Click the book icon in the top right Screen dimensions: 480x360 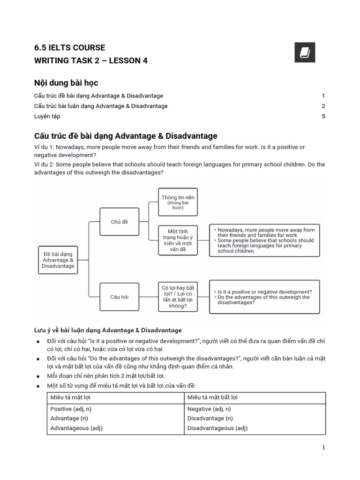pyautogui.click(x=305, y=52)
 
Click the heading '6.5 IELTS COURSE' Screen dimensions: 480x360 pyautogui.click(x=69, y=48)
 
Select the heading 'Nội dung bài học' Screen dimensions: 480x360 pyautogui.click(x=66, y=83)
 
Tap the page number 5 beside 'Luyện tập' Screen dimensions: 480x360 pyautogui.click(x=323, y=116)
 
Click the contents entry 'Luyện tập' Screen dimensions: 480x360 pyautogui.click(x=47, y=116)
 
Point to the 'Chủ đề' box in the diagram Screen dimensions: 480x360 pyautogui.click(x=120, y=222)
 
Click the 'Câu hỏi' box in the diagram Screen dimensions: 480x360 pyautogui.click(x=120, y=297)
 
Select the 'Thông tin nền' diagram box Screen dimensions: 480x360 pyautogui.click(x=178, y=202)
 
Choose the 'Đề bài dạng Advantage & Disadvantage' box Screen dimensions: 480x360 pyautogui.click(x=59, y=260)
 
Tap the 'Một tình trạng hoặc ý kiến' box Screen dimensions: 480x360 pyautogui.click(x=178, y=240)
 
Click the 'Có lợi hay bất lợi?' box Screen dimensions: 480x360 pyautogui.click(x=178, y=297)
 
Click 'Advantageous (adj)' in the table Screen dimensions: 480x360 pyautogui.click(x=76, y=428)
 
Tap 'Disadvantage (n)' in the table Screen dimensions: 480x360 pyautogui.click(x=210, y=418)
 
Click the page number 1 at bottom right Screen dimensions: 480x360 pyautogui.click(x=323, y=448)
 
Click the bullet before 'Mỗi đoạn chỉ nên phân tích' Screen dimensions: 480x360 pyautogui.click(x=38, y=376)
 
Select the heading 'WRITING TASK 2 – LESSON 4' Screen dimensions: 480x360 pyautogui.click(x=91, y=61)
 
